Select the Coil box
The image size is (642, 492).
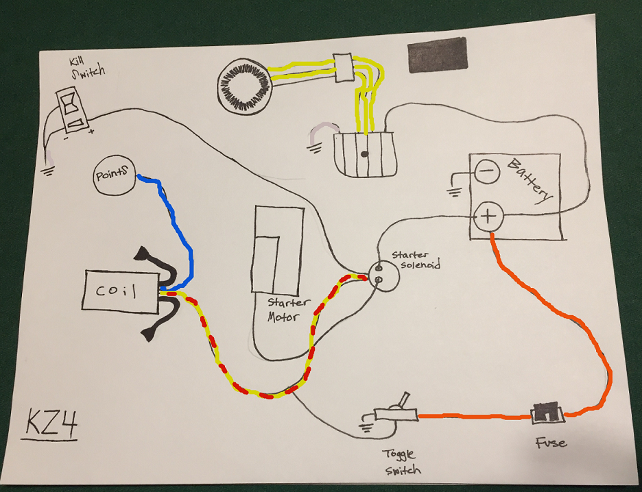(x=121, y=291)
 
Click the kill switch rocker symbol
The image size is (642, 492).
(x=73, y=108)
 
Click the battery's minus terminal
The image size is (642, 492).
(x=486, y=171)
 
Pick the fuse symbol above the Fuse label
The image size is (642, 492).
(x=547, y=413)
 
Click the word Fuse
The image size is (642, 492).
(x=551, y=443)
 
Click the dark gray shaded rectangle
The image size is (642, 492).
(x=437, y=55)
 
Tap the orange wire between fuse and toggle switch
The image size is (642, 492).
(x=473, y=415)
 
